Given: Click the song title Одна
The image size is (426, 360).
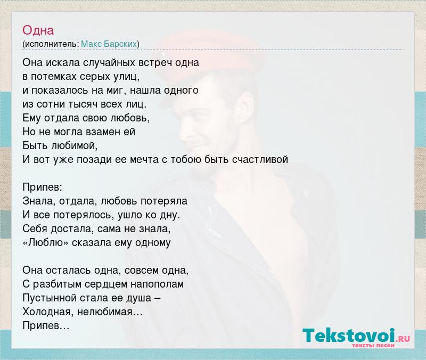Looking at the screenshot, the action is tap(38, 30).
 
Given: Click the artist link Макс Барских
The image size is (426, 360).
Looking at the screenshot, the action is tap(109, 44).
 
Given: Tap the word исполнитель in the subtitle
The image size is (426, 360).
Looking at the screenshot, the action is tap(52, 44).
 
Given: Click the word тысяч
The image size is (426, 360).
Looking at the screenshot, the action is tap(83, 104).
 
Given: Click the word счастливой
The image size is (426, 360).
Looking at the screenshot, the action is tap(260, 159).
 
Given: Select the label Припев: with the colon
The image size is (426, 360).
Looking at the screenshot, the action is tap(43, 187).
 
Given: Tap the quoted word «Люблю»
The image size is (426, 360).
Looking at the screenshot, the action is tap(46, 242).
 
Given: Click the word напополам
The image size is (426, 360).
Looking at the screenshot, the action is tap(157, 284).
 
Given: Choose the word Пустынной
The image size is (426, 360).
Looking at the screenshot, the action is tap(50, 298).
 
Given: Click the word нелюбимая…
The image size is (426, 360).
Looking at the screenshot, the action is tap(110, 312).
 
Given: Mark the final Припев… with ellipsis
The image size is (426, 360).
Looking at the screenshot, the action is tap(46, 325).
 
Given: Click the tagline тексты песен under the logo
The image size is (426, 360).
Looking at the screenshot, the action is tap(373, 345).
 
